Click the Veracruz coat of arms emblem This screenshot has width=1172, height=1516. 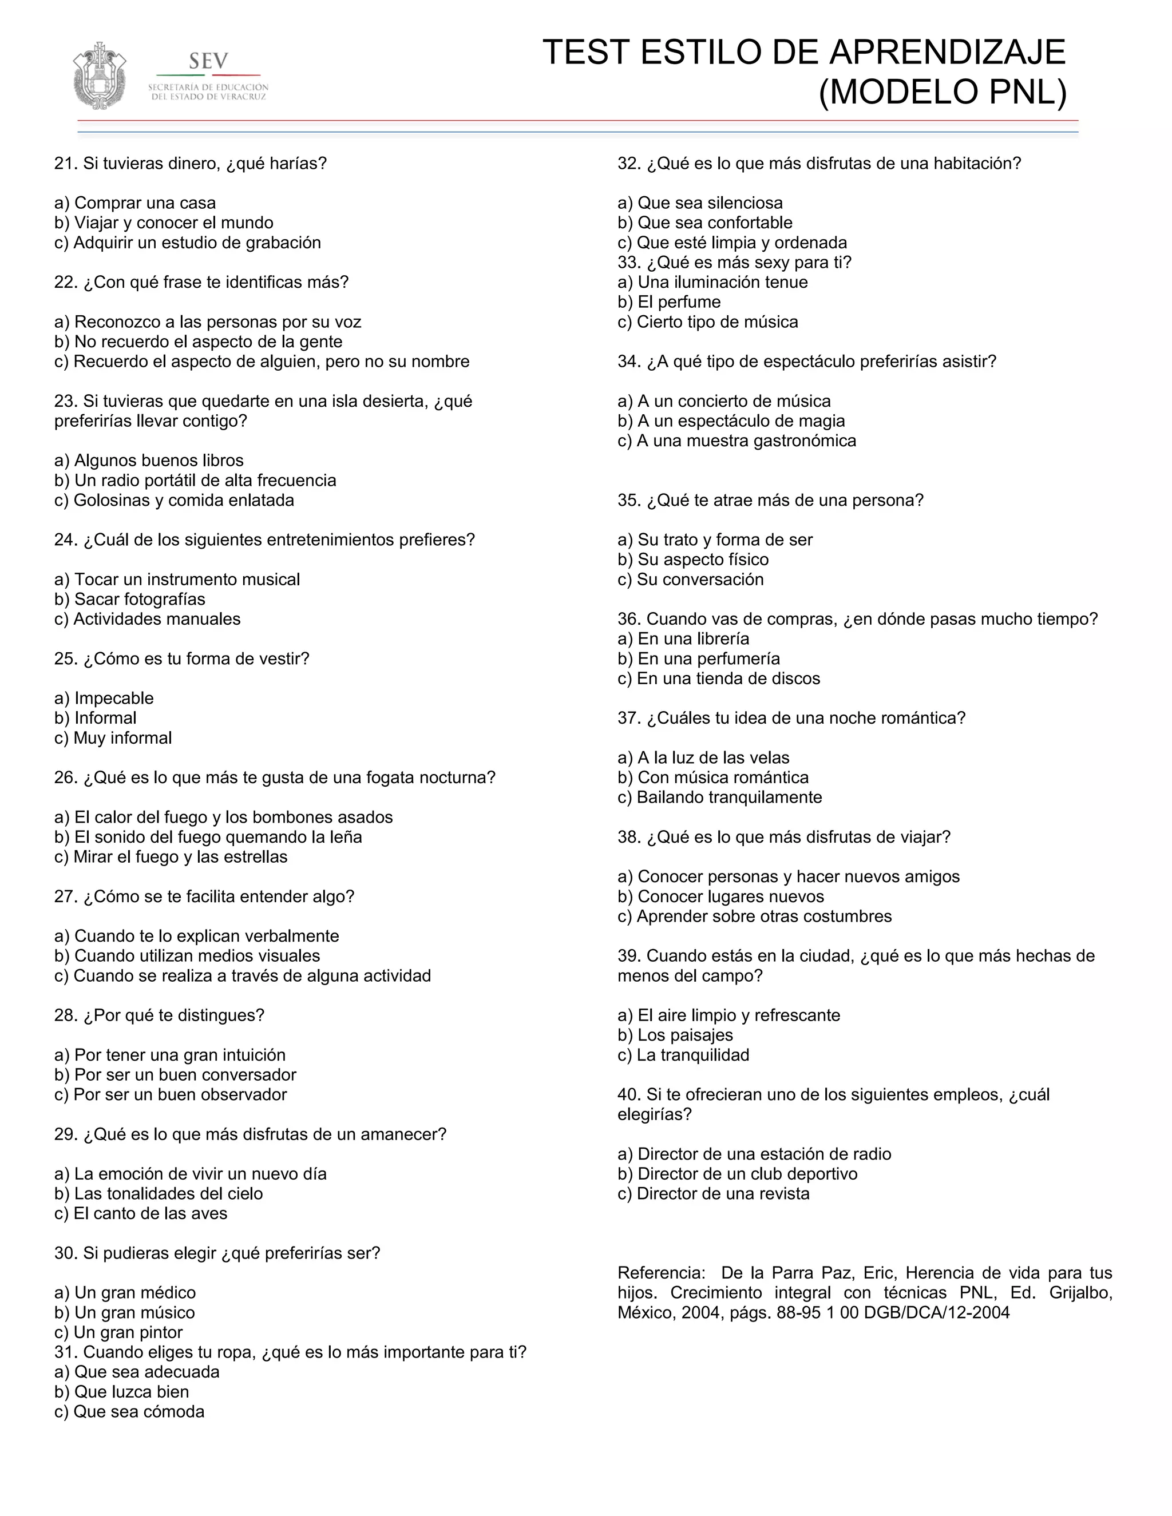click(100, 76)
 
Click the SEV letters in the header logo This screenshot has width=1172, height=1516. click(208, 62)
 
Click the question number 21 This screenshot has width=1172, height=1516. click(66, 164)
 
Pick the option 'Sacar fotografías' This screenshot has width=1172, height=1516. click(130, 599)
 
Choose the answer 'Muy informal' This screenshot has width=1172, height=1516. click(113, 738)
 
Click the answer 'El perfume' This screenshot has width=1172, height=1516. click(670, 302)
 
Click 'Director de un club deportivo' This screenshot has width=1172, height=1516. click(737, 1174)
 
